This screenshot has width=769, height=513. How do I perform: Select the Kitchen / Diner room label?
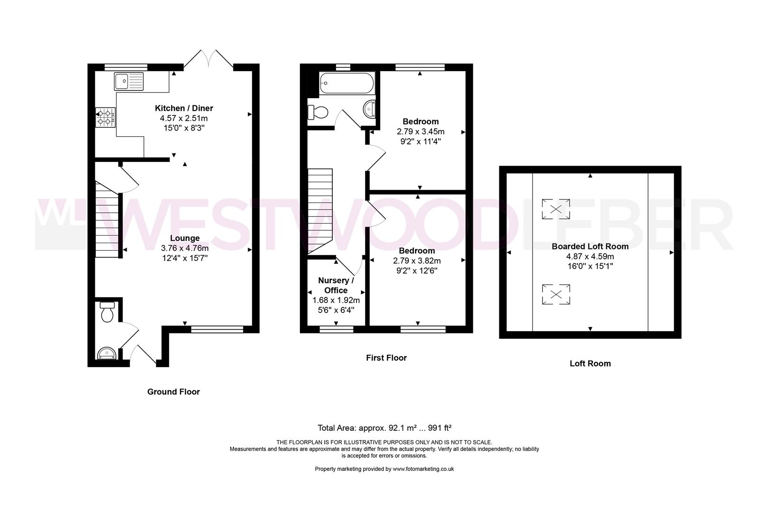coord(184,108)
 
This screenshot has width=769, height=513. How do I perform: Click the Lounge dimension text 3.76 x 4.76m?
coord(185,248)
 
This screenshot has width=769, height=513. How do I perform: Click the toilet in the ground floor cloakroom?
coord(107,312)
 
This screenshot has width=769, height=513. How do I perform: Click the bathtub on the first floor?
coord(347,84)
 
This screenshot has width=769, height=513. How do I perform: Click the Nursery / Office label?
coord(336,285)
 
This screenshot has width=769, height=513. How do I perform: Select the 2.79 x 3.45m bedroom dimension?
coord(421,132)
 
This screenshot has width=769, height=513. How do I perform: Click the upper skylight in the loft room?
coord(556,209)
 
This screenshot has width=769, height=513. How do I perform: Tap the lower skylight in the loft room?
coord(556,294)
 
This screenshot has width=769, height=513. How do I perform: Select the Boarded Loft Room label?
coord(590,247)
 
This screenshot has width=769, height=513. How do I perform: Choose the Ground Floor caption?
coord(173,392)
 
